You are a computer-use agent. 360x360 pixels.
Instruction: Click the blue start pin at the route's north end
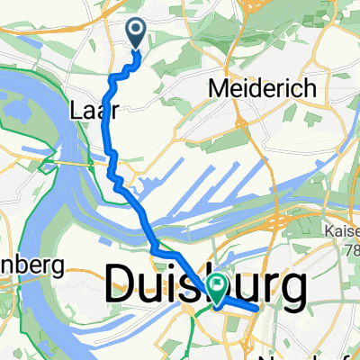click(137, 33)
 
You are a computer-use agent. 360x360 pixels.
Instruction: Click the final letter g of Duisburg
click(291, 292)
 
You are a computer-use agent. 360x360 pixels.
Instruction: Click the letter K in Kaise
click(325, 230)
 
